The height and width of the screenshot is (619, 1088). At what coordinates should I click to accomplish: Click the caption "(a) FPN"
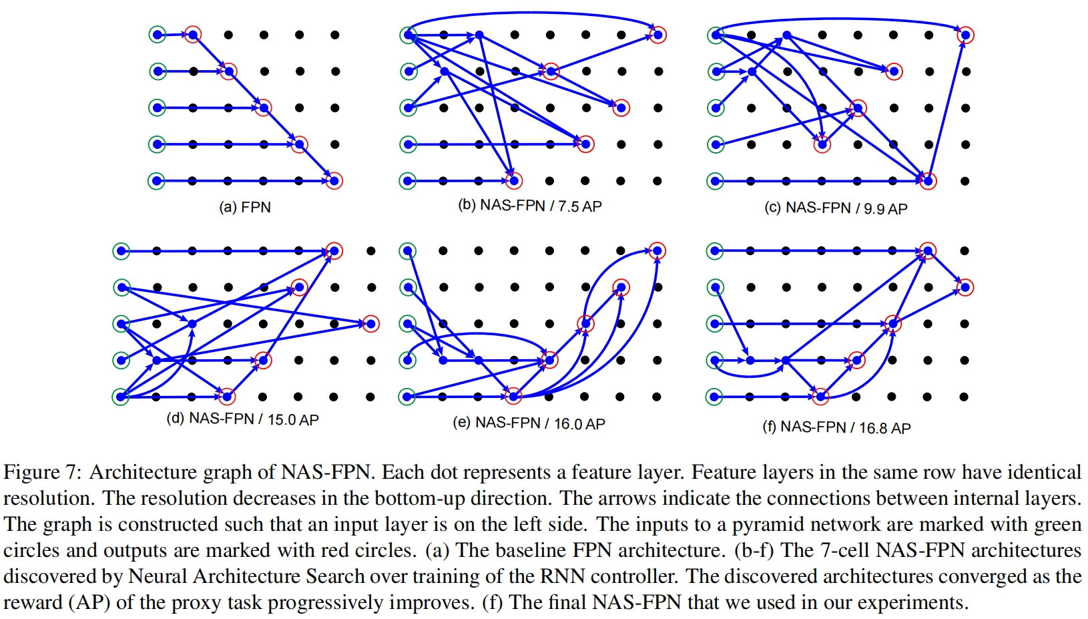point(245,207)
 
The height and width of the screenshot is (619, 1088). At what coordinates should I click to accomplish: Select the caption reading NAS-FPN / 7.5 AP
point(530,206)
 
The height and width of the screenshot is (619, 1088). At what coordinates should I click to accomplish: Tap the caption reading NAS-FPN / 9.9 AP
point(836,208)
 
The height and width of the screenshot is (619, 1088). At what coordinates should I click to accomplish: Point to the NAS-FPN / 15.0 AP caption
point(243,419)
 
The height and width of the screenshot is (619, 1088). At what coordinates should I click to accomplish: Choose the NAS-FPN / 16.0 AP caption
point(529,423)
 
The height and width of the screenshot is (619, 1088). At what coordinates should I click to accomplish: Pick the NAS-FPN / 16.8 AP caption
point(836,427)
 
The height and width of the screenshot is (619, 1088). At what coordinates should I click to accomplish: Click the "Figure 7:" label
point(41,472)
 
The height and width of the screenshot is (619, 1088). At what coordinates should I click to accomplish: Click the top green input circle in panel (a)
point(157,35)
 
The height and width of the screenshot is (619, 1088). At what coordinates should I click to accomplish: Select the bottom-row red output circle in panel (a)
point(334,180)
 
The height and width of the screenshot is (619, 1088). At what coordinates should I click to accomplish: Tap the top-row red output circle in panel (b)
point(657,35)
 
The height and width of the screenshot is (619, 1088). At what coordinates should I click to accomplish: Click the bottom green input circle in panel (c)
point(716,180)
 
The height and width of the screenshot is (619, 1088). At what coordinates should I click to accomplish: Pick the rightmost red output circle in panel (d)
point(370,324)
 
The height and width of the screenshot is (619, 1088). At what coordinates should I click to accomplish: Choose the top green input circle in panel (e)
point(407,251)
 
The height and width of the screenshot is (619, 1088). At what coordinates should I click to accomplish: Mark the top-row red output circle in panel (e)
point(657,251)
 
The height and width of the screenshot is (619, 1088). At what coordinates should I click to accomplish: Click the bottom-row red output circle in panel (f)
point(820,397)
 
